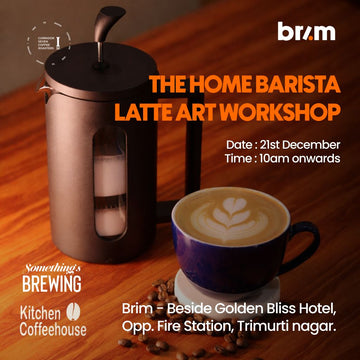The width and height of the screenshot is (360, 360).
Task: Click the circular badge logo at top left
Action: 41,33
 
